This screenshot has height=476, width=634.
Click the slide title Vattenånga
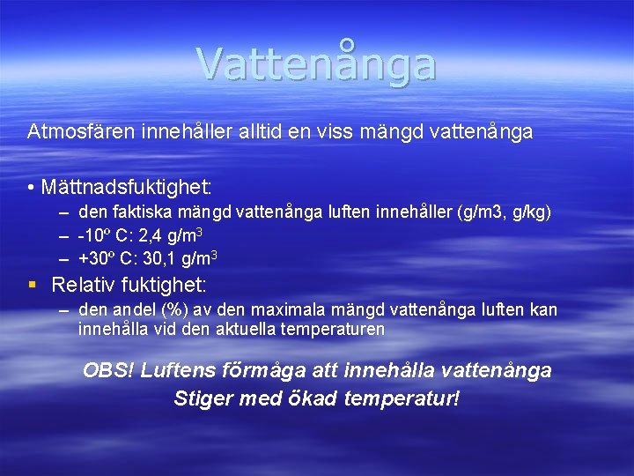click(x=316, y=63)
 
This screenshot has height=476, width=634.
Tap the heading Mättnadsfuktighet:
click(x=124, y=188)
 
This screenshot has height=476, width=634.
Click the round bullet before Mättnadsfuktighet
click(x=31, y=189)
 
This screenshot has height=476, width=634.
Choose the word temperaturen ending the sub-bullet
click(x=331, y=330)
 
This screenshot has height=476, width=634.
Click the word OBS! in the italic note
click(x=107, y=370)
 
